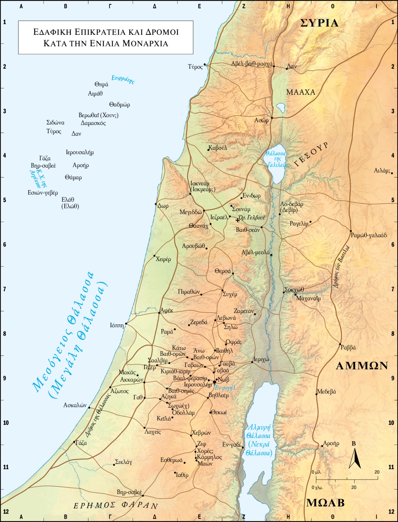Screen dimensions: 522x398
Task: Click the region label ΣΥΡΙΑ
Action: click(319, 23)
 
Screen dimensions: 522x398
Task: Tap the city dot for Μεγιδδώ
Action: click(204, 210)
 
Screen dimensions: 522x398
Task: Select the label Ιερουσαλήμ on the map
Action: click(198, 385)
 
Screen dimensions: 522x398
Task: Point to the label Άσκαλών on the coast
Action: click(75, 405)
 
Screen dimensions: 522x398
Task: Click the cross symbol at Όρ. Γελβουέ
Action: click(237, 220)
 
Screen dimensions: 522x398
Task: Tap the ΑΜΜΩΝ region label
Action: click(362, 366)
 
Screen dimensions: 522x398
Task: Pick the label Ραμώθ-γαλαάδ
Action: click(369, 235)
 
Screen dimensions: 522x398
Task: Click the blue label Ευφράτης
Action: click(123, 80)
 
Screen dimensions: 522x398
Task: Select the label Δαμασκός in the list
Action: click(93, 123)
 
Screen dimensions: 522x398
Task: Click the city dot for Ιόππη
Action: click(126, 324)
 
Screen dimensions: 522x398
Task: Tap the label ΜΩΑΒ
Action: click(325, 503)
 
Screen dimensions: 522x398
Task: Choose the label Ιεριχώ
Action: click(261, 359)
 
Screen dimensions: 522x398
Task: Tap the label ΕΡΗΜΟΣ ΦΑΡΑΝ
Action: click(115, 506)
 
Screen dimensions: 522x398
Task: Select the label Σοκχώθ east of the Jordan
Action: click(295, 289)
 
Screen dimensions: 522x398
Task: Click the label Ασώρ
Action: click(261, 120)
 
